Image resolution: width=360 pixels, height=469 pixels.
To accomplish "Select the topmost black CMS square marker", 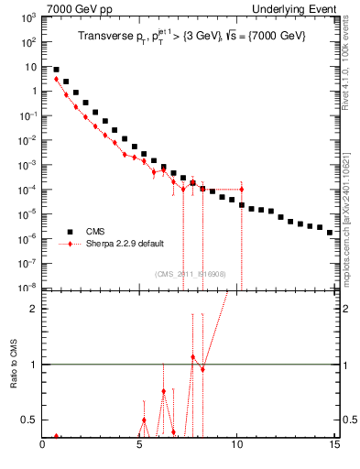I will pyautogui.click(x=57, y=70).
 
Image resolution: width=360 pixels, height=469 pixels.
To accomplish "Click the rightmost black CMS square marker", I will pyautogui.click(x=330, y=233).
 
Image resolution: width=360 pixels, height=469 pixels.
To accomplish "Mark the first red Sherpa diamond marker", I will pyautogui.click(x=57, y=79).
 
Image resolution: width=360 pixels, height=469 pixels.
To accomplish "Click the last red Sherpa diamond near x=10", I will pyautogui.click(x=241, y=189).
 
